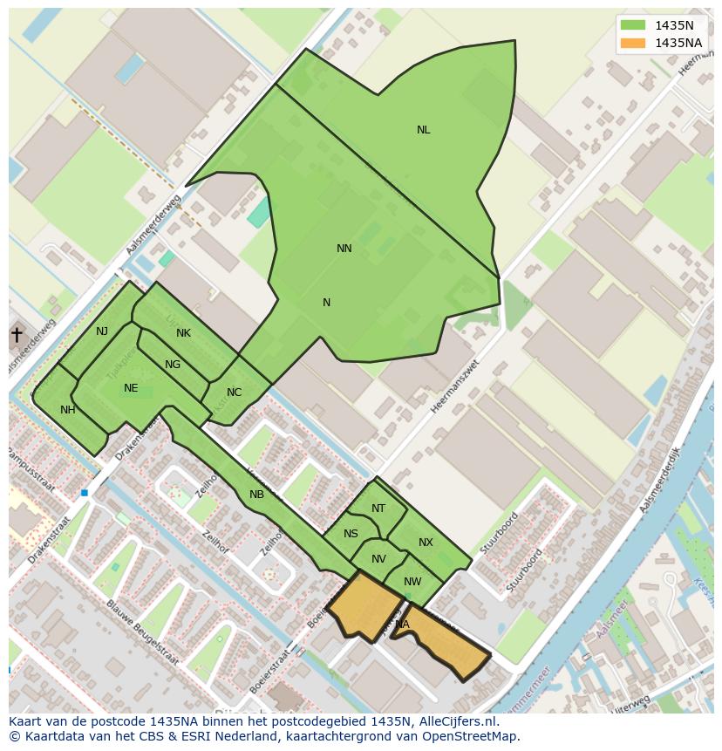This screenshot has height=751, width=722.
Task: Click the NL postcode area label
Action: [423, 130]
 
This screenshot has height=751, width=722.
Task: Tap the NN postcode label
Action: [344, 249]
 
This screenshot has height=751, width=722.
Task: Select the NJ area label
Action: [102, 331]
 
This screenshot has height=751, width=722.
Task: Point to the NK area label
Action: [183, 333]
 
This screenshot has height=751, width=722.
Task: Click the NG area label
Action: [173, 365]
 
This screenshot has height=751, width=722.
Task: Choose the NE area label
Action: [131, 388]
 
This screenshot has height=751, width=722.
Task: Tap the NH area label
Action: [68, 410]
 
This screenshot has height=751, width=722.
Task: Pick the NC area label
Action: [234, 393]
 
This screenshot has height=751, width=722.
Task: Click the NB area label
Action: [256, 495]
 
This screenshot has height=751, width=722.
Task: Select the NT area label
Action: [378, 509]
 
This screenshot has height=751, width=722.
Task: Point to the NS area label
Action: [351, 534]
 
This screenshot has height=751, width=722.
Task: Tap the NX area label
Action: [426, 543]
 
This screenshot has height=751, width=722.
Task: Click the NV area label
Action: [378, 559]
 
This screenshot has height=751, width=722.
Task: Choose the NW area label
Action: [412, 582]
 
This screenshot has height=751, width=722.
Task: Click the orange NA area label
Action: [402, 625]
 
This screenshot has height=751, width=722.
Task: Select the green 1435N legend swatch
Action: [634, 25]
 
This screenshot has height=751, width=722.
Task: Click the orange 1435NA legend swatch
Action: [634, 43]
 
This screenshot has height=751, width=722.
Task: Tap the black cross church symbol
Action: [17, 335]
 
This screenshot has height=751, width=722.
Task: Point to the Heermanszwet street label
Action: [455, 386]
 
